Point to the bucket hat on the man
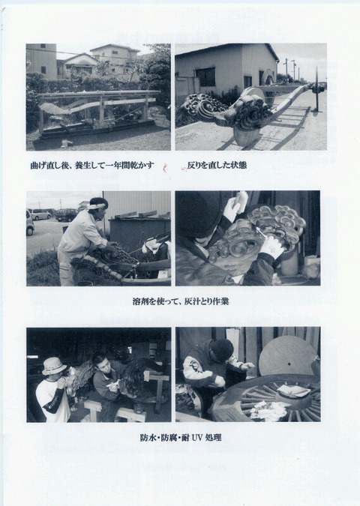click(x=53, y=364)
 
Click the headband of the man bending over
click(x=97, y=203)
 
